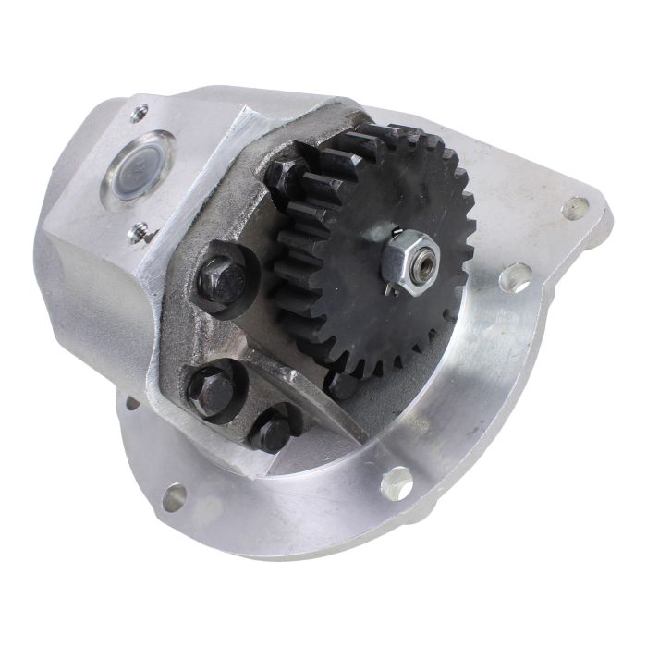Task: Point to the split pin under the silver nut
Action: (395, 283)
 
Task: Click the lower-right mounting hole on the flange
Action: (397, 482)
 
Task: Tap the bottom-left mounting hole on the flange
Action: (173, 497)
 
